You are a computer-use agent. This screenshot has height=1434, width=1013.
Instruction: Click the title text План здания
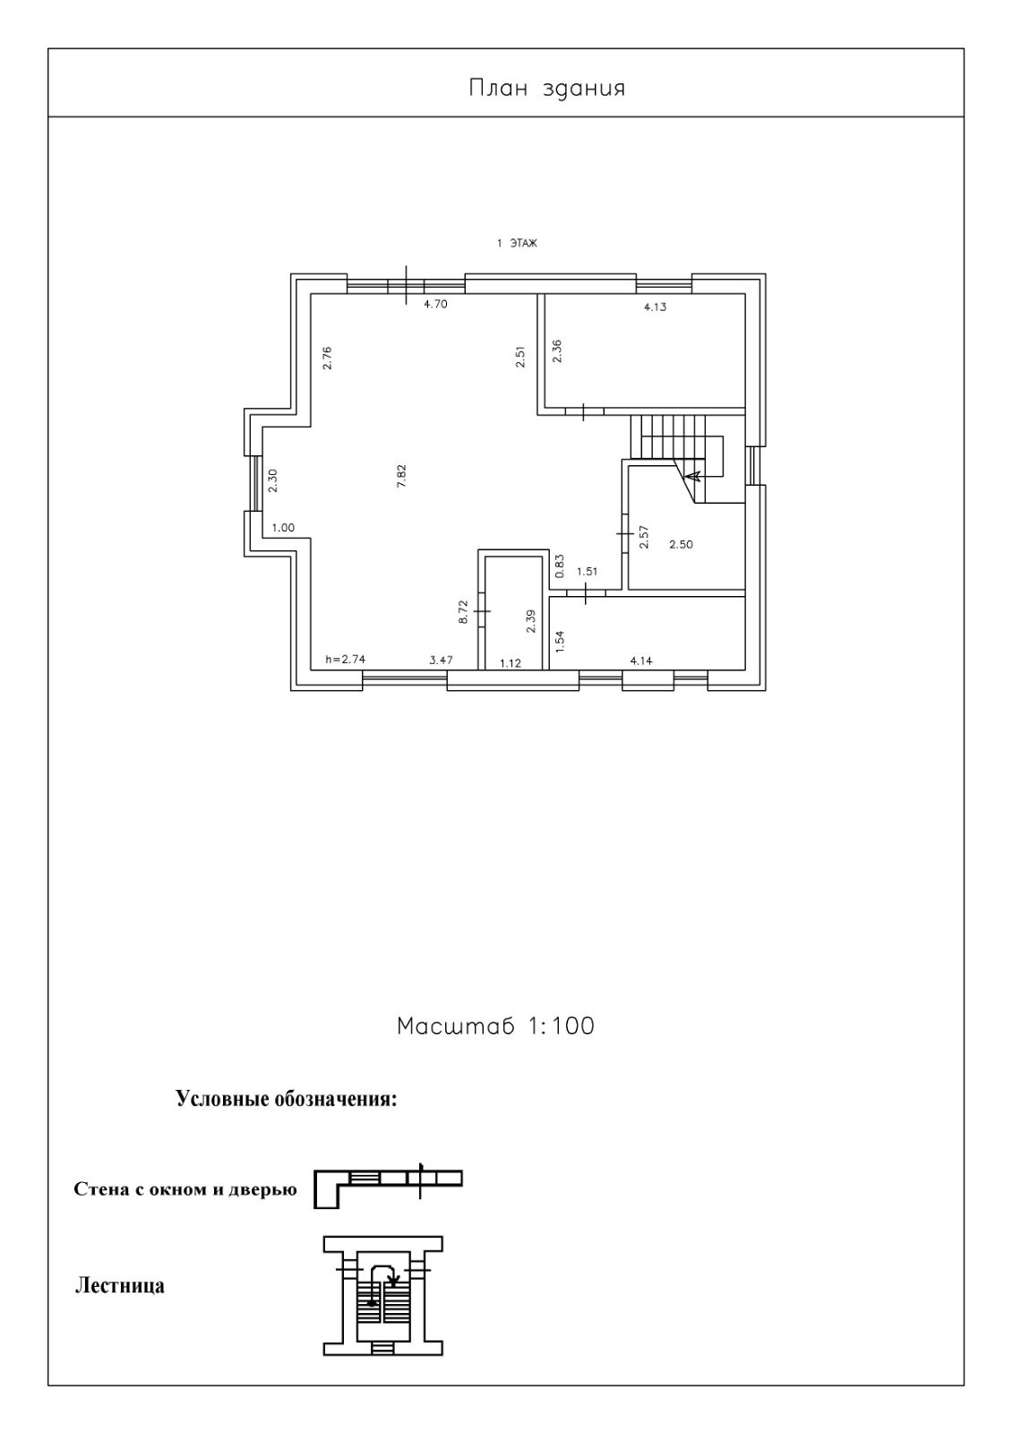coord(546,89)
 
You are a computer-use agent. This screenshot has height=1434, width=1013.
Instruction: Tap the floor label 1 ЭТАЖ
coord(517,243)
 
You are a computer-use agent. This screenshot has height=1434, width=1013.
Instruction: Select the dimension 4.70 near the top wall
coord(435,304)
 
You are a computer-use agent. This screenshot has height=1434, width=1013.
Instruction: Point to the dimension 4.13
coord(656,307)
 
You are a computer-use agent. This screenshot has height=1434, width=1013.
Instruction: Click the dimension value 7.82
coord(402,475)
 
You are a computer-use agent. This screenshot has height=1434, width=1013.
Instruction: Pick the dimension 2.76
coord(328,358)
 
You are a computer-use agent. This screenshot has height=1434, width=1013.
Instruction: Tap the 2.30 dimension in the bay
coord(274,481)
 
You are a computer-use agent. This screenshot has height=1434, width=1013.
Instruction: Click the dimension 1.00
coord(283,528)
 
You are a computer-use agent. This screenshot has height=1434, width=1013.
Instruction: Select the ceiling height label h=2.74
coord(345,659)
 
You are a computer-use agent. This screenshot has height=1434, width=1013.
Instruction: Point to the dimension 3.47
coord(441,660)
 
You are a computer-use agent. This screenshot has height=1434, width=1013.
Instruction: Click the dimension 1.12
coord(511,663)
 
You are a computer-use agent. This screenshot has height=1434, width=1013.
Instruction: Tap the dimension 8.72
coord(464,612)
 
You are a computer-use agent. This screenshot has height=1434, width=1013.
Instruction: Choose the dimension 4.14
coord(641,661)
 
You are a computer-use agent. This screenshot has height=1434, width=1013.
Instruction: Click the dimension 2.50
coord(681,544)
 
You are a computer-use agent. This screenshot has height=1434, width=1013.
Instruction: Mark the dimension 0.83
coord(560,565)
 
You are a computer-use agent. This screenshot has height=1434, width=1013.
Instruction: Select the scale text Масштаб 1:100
coord(495,1026)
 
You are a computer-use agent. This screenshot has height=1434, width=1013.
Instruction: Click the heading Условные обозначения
coord(287,1099)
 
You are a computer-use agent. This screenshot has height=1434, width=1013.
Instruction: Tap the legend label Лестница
coord(119,1286)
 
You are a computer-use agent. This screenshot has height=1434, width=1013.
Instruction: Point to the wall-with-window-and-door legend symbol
coord(389,1186)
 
